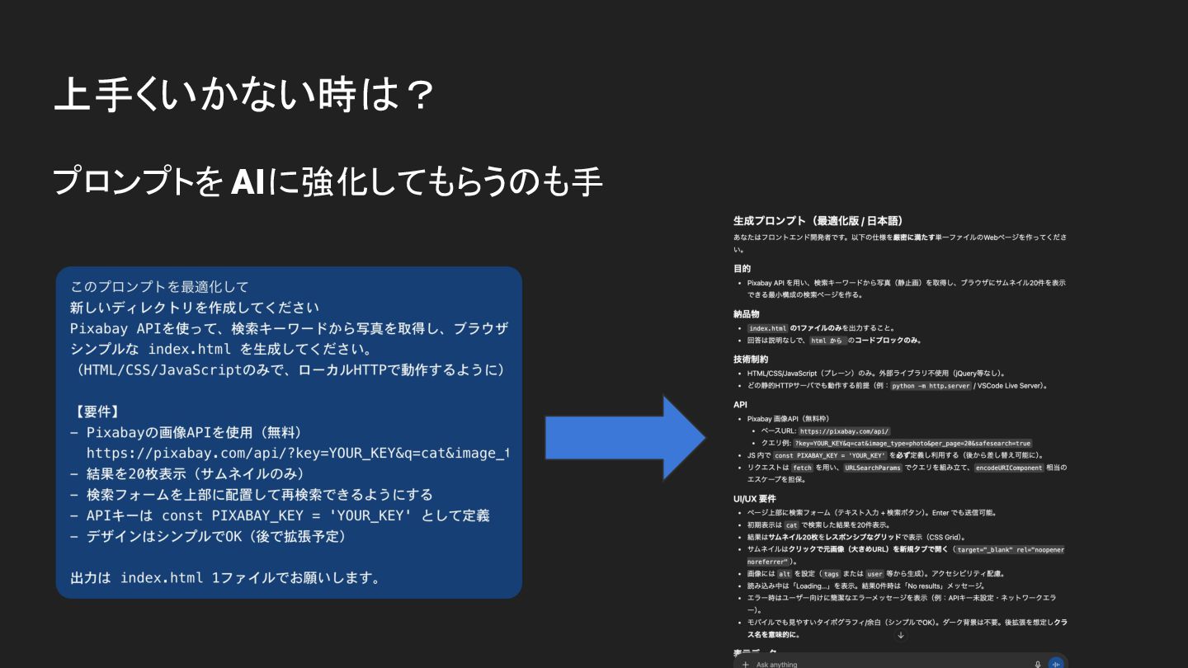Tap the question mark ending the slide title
tap(420, 95)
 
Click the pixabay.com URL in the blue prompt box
tap(297, 453)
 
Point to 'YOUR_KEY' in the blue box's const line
tap(368, 515)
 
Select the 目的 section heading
tap(742, 269)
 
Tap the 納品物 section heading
tap(746, 314)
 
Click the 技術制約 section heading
tap(750, 360)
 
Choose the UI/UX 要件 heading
tap(754, 499)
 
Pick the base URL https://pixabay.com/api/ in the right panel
tap(844, 431)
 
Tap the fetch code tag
tap(802, 468)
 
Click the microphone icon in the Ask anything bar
tap(1038, 664)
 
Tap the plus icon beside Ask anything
tap(745, 664)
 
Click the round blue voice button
tap(1056, 663)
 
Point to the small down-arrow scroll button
tap(901, 635)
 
